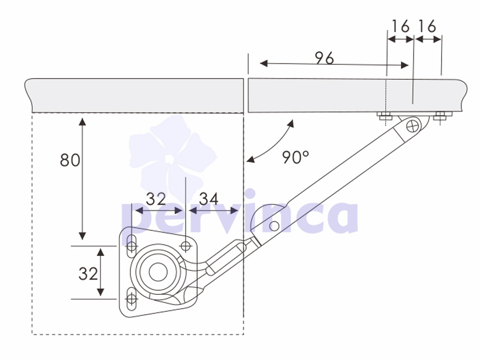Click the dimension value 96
coord(324,58)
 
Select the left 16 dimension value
coord(401,26)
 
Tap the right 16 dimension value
coord(427,26)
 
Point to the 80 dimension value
coord(70,160)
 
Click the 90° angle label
coord(295,157)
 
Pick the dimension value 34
coord(209,199)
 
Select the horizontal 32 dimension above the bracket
coord(156,199)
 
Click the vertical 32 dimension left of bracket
coord(88,274)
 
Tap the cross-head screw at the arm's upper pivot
coord(413,126)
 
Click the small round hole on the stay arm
coord(274,226)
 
